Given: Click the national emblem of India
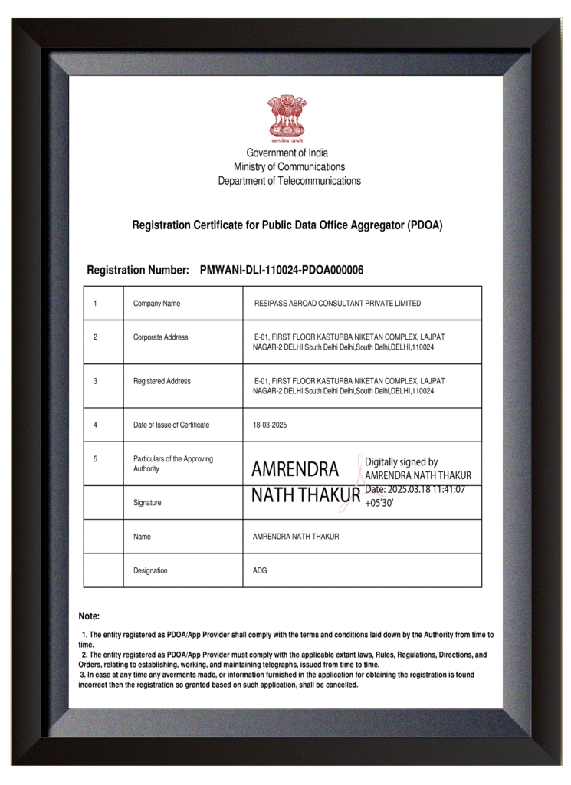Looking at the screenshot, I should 287,118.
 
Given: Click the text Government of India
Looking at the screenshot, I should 287,153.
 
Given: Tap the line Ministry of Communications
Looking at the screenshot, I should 289,166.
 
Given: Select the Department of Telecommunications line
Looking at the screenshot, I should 289,181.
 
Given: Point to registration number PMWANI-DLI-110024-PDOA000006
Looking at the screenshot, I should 281,270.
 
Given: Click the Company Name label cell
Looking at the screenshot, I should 156,304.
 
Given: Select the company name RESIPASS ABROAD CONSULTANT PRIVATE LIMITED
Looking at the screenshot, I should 337,304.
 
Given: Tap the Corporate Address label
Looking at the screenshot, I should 160,337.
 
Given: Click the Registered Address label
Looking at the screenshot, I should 162,381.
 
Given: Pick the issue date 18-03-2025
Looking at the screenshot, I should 270,425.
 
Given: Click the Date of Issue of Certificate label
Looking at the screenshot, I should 171,425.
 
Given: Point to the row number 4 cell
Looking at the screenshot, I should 95,425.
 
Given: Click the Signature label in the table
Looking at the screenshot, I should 147,503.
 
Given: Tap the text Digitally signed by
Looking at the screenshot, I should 401,462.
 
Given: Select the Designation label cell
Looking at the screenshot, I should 150,570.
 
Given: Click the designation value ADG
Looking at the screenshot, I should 260,570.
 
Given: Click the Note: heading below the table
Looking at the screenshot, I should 89,616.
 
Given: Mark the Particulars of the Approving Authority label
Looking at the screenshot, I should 172,464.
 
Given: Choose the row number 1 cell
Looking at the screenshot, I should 95,304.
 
